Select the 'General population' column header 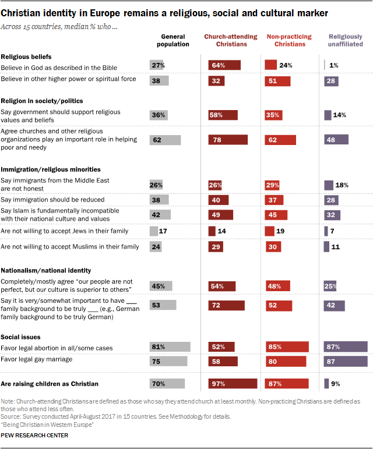click(x=172, y=40)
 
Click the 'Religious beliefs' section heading click(x=26, y=56)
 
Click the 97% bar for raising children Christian click(x=233, y=384)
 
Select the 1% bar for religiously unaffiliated click(x=325, y=65)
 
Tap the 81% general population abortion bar click(x=170, y=347)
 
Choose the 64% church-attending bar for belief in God click(x=224, y=65)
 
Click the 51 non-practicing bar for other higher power click(x=278, y=80)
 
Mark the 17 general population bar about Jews click(x=154, y=231)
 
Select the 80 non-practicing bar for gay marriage click(x=286, y=361)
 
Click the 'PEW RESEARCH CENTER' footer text click(x=34, y=435)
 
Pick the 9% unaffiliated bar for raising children click(x=327, y=384)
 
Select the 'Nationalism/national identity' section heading click(x=45, y=270)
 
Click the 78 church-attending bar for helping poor click(x=228, y=140)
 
